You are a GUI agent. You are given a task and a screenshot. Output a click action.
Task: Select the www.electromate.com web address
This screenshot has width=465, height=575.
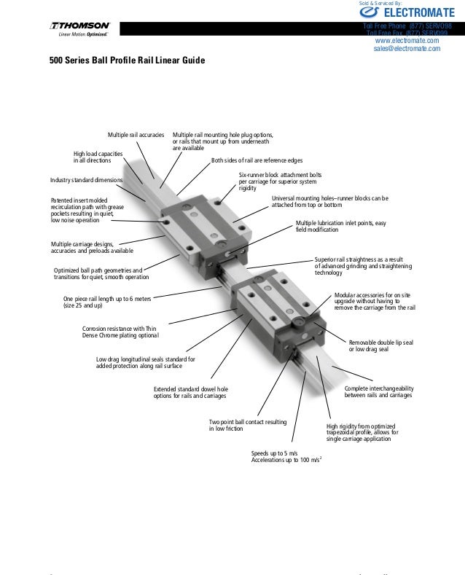click(x=406, y=41)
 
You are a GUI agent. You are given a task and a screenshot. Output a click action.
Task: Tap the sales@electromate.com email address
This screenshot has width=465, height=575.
click(x=407, y=50)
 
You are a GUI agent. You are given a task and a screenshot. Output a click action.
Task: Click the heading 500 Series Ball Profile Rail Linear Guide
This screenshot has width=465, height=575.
click(x=127, y=60)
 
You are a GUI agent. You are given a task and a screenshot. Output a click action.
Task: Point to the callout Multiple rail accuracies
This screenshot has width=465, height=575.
click(x=136, y=136)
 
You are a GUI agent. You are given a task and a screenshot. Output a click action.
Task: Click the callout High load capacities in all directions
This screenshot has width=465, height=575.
click(x=98, y=157)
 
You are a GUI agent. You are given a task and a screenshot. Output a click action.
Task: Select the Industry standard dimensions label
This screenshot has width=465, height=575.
click(x=86, y=179)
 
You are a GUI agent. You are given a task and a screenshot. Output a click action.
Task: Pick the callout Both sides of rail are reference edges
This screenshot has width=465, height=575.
click(x=257, y=160)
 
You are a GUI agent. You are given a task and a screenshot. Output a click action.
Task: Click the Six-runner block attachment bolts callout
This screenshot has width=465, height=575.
click(x=280, y=181)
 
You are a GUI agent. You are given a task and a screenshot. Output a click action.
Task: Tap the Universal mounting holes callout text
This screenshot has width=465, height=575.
click(x=329, y=201)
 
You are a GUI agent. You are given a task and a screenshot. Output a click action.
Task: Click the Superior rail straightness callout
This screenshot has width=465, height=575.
click(x=363, y=265)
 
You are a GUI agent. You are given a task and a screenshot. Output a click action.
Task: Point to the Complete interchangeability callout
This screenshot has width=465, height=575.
click(x=378, y=391)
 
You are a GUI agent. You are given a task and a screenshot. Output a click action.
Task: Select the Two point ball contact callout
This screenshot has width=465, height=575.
click(x=247, y=426)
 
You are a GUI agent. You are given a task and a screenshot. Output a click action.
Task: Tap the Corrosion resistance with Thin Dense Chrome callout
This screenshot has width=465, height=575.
click(x=120, y=332)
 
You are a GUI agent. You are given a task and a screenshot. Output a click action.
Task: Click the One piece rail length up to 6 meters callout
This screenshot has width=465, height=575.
click(x=109, y=302)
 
